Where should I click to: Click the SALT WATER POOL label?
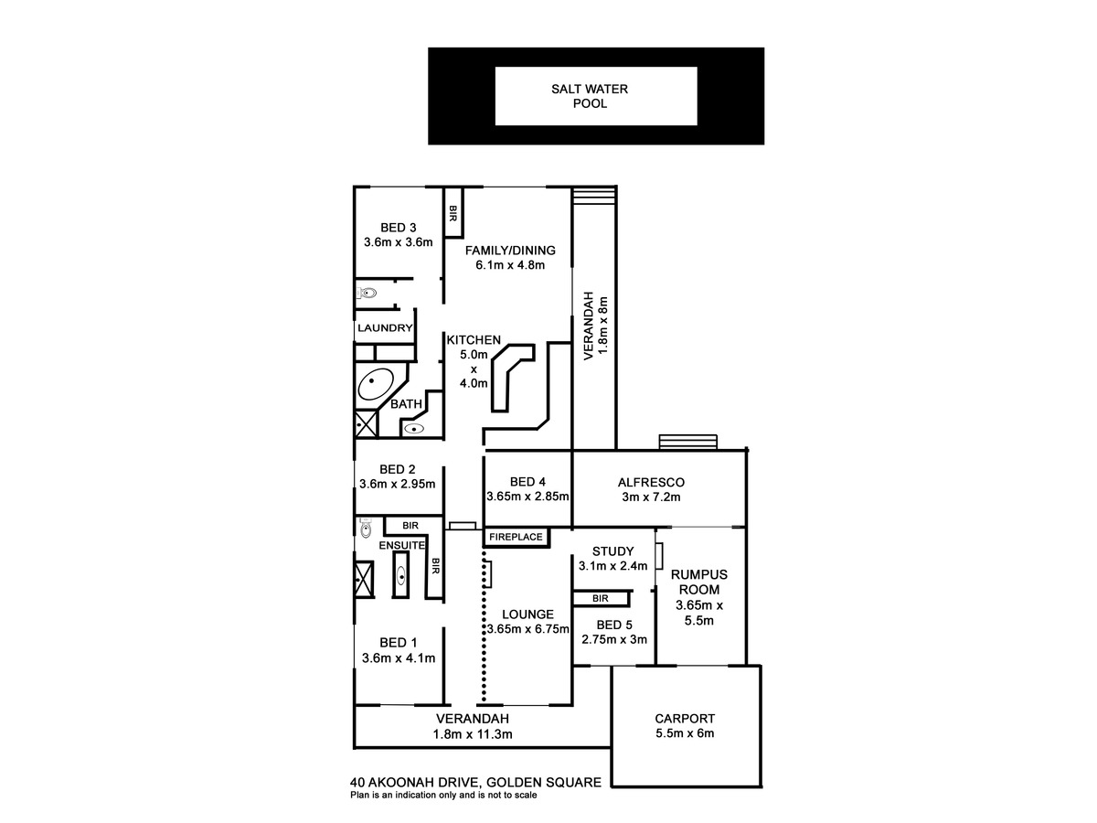(590, 96)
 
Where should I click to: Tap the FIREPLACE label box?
(516, 538)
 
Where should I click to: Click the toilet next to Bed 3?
(367, 293)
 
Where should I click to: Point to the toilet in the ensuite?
(366, 529)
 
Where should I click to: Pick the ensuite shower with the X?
(364, 580)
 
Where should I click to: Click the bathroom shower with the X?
(367, 424)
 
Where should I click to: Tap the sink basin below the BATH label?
(414, 428)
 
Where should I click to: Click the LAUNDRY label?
(385, 328)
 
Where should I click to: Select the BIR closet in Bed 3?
(453, 212)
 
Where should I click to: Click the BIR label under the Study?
(601, 598)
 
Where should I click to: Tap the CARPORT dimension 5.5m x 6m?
(685, 733)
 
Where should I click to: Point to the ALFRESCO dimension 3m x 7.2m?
(651, 497)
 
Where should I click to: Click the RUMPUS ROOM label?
(698, 582)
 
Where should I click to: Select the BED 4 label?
(527, 482)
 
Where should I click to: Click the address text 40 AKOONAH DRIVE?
(416, 782)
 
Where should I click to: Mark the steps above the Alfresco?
(687, 442)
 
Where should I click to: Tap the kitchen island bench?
(511, 377)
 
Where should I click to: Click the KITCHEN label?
(474, 340)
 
